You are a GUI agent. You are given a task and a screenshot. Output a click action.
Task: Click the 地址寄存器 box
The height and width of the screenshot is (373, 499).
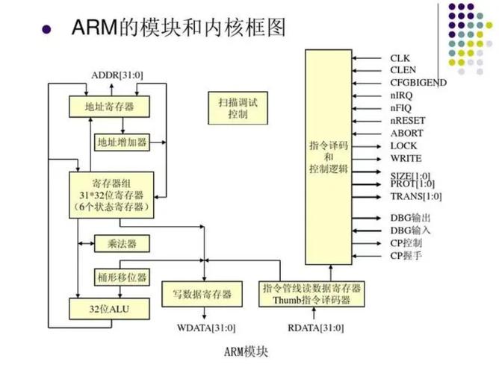point(110,107)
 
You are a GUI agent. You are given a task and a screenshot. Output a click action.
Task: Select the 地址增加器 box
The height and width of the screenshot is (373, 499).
point(121,141)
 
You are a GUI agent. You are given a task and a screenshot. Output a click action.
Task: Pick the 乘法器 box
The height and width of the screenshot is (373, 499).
point(115,244)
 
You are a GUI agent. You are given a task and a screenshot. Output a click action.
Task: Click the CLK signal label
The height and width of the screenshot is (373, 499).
point(400,57)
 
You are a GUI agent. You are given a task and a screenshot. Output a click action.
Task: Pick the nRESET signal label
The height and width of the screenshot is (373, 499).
point(406,121)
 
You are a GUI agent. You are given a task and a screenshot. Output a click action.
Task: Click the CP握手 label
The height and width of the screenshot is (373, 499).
point(406,256)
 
